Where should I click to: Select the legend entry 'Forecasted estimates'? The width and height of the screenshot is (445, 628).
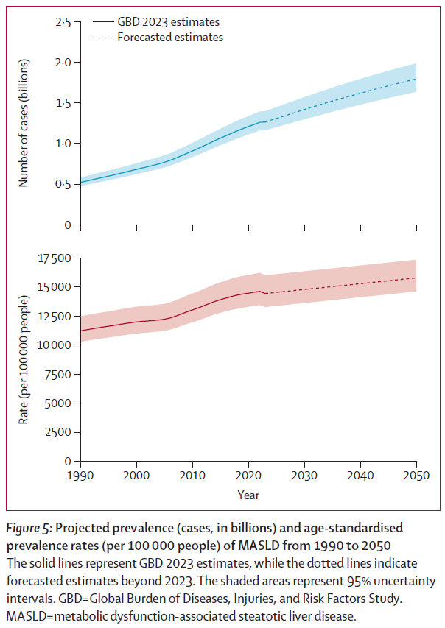click(x=169, y=37)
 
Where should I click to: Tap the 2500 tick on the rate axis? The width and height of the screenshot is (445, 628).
click(x=55, y=432)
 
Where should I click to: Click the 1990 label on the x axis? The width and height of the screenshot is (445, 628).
click(x=81, y=476)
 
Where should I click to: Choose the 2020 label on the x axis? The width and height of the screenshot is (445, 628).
click(x=248, y=476)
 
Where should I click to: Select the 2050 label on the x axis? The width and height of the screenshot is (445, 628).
click(x=416, y=476)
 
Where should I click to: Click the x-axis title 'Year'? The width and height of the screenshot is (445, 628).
click(x=248, y=495)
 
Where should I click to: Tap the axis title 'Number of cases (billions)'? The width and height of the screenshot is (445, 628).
click(x=24, y=123)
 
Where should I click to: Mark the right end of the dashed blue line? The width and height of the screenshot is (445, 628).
click(x=416, y=79)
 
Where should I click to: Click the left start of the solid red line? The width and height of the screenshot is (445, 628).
click(x=81, y=331)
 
